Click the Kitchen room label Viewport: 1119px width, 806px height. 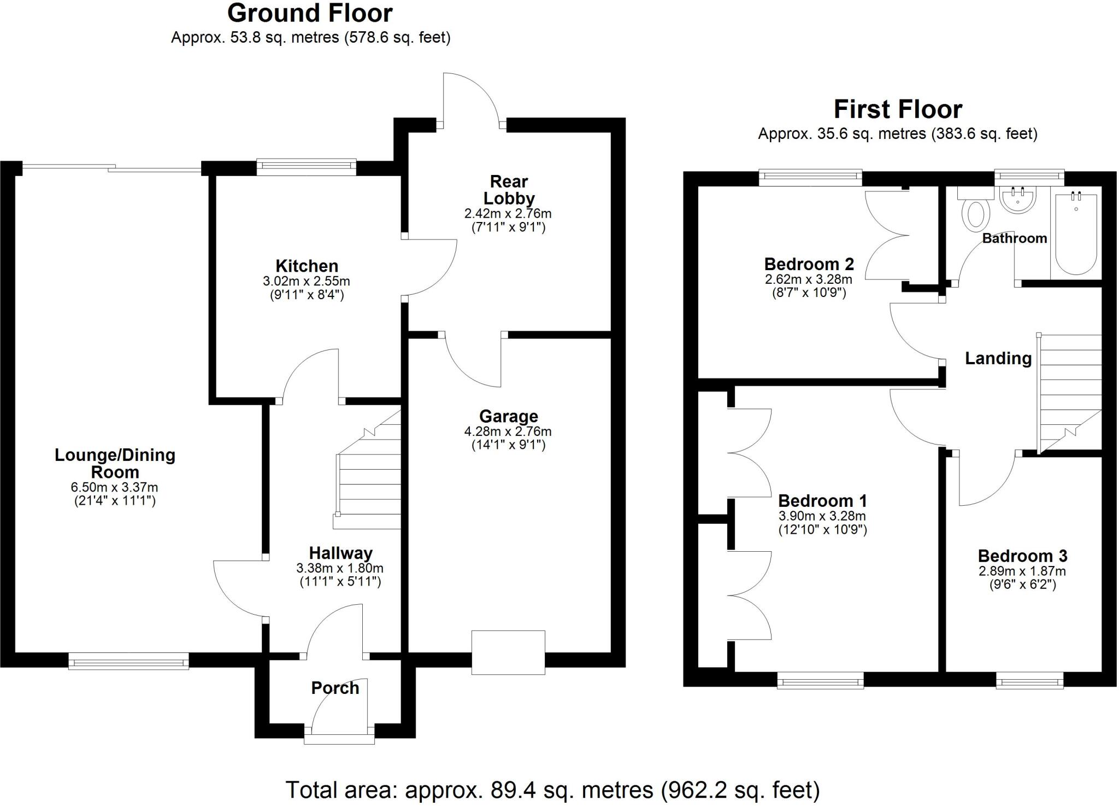(307, 266)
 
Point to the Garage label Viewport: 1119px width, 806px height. (508, 417)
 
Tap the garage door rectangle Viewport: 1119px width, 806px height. (508, 652)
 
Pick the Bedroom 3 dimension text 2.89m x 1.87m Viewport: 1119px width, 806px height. (1022, 571)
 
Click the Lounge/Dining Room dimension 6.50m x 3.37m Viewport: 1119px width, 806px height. (115, 487)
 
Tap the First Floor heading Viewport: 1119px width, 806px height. (897, 109)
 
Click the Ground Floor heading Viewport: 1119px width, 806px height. (310, 13)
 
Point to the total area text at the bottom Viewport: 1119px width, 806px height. (552, 790)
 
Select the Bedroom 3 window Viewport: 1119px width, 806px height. (1029, 682)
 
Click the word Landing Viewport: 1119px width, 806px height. (998, 359)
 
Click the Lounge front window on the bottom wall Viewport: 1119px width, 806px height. (128, 663)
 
